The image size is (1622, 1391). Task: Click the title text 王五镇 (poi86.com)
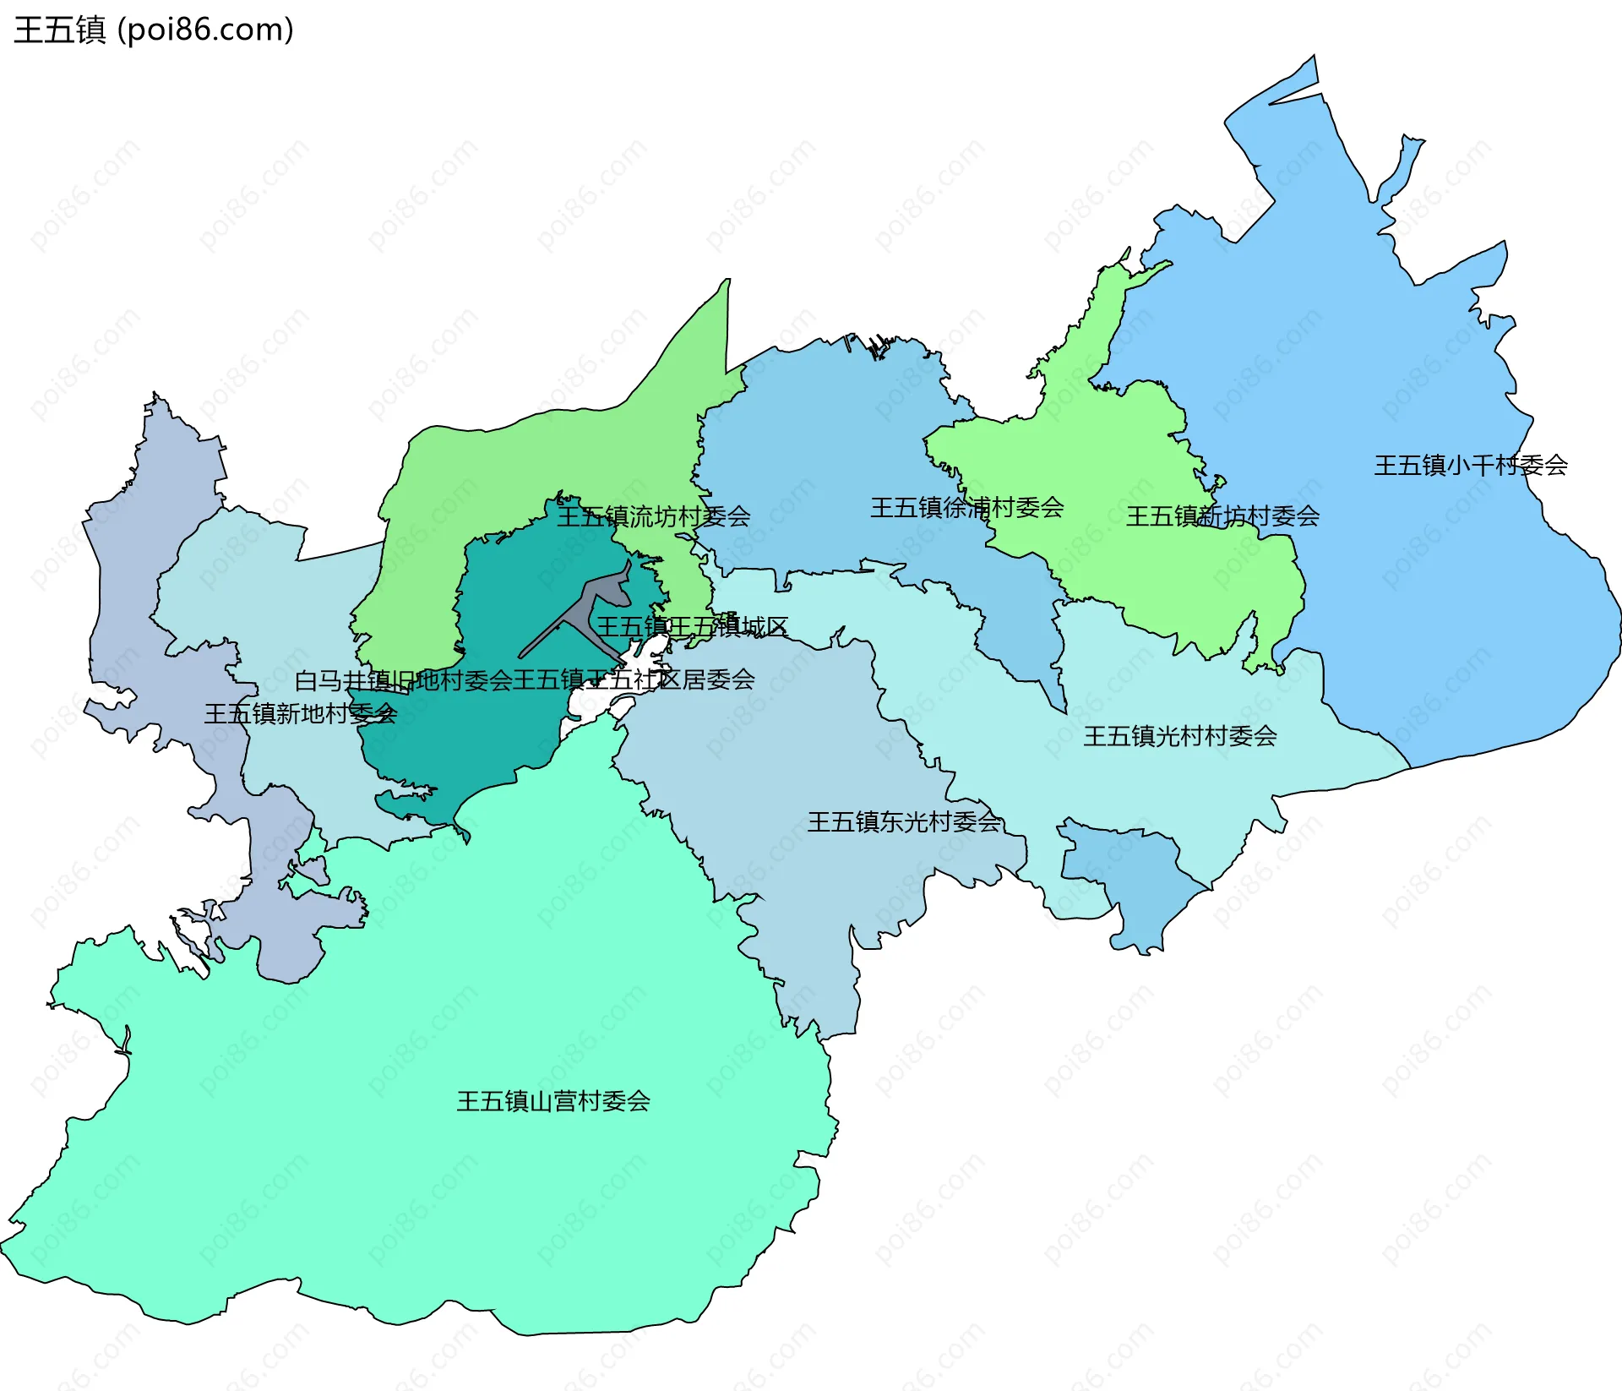pyautogui.click(x=154, y=30)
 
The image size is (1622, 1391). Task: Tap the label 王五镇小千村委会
pyautogui.click(x=1470, y=465)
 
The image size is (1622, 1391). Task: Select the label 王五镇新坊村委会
pyautogui.click(x=1222, y=515)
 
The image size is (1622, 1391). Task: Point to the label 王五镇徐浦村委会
pyautogui.click(x=966, y=507)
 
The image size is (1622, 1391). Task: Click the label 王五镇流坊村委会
pyautogui.click(x=653, y=515)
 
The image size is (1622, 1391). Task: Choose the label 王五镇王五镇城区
pyautogui.click(x=692, y=626)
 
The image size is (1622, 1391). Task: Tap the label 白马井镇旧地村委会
pyautogui.click(x=403, y=679)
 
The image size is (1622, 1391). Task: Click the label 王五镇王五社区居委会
pyautogui.click(x=634, y=679)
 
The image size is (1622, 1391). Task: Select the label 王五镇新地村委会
pyautogui.click(x=300, y=713)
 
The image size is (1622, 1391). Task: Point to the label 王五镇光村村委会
pyautogui.click(x=1179, y=735)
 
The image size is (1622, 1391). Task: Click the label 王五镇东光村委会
pyautogui.click(x=904, y=821)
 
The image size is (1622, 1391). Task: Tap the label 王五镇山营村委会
pyautogui.click(x=552, y=1100)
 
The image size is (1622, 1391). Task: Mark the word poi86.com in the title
pyautogui.click(x=205, y=30)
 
